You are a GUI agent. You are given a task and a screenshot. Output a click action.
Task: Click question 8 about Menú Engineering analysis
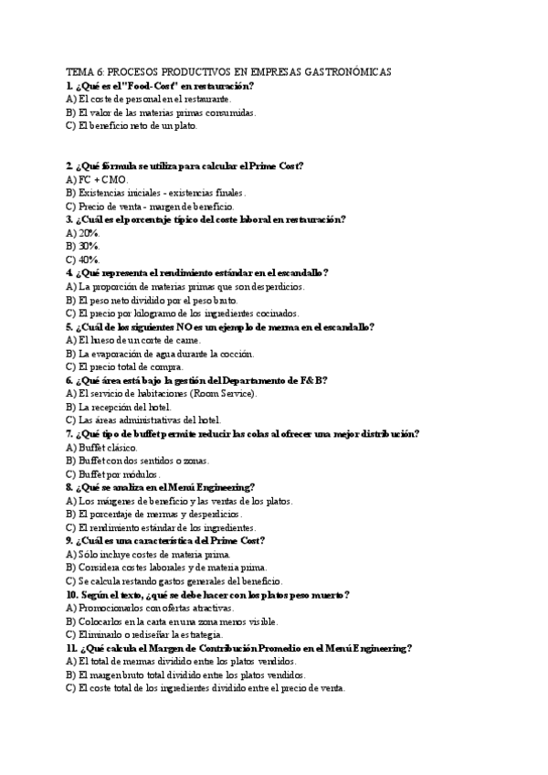[x=160, y=487]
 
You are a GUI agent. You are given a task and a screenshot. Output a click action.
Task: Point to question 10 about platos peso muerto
[x=207, y=595]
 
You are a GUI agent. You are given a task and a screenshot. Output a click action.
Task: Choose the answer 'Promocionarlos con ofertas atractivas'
[x=151, y=608]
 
